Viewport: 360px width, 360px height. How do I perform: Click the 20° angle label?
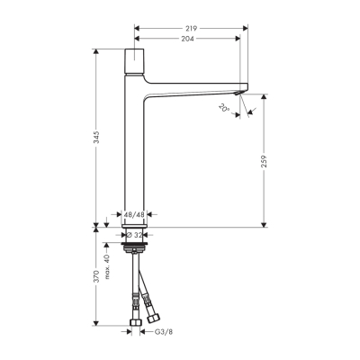[224, 108]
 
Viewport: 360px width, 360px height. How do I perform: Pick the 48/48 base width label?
[133, 215]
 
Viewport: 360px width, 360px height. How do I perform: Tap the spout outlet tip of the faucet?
[238, 91]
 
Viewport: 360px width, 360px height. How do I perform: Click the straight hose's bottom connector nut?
[135, 323]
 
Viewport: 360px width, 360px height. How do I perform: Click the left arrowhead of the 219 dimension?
[138, 28]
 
